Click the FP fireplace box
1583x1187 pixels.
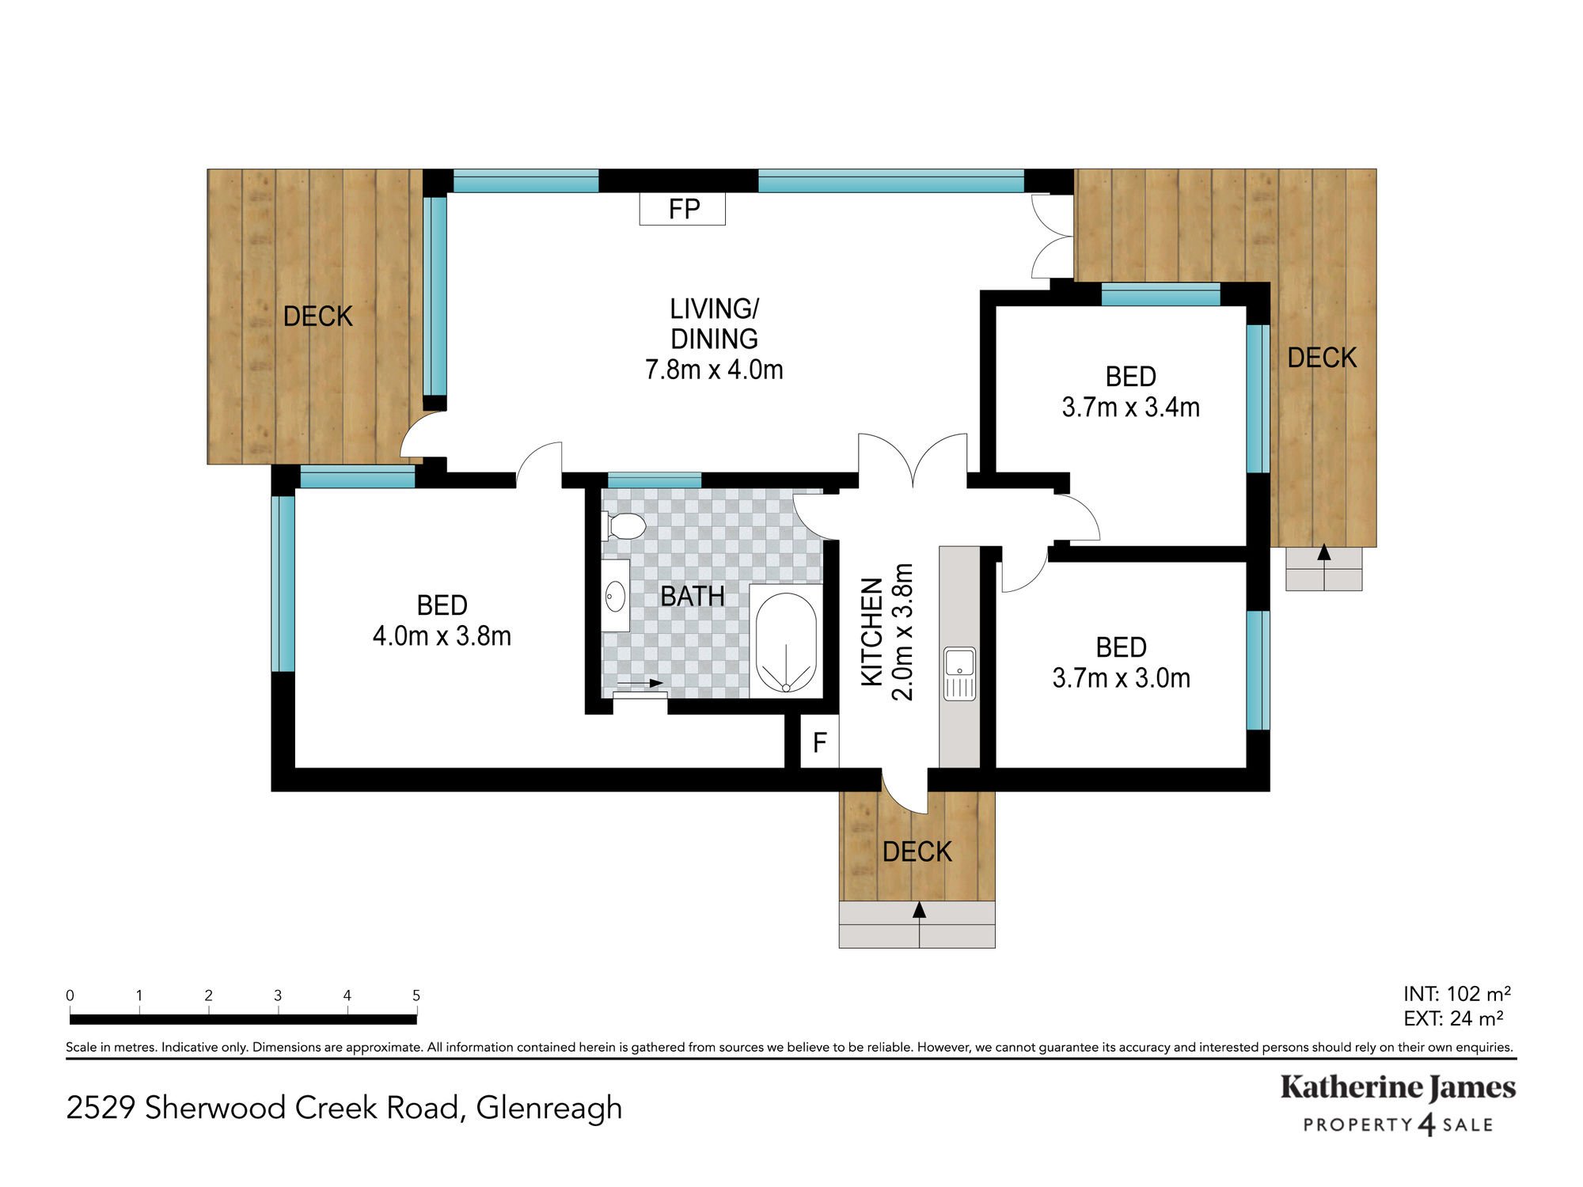pos(682,209)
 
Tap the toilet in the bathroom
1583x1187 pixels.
pos(624,525)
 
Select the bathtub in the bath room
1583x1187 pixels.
pos(786,642)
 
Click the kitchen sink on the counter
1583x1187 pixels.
pos(959,673)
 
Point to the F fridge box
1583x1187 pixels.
pos(819,741)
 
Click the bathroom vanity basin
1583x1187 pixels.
pos(615,596)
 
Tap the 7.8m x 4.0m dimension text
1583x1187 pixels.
pos(714,370)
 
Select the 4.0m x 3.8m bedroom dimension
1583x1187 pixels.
pos(442,636)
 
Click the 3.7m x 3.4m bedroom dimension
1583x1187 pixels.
pos(1130,408)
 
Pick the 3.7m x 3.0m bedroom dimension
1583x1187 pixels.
pos(1121,678)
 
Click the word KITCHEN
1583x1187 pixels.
pos(871,631)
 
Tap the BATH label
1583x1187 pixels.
pos(693,597)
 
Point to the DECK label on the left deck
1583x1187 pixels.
pos(317,317)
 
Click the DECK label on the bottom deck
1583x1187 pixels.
pos(917,852)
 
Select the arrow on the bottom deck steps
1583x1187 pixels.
pos(919,923)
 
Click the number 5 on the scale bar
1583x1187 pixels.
pos(416,995)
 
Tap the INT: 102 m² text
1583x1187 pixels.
pos(1457,994)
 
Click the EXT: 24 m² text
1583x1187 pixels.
pos(1453,1018)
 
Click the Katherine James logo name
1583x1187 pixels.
pos(1398,1088)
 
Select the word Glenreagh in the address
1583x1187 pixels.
pos(549,1109)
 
